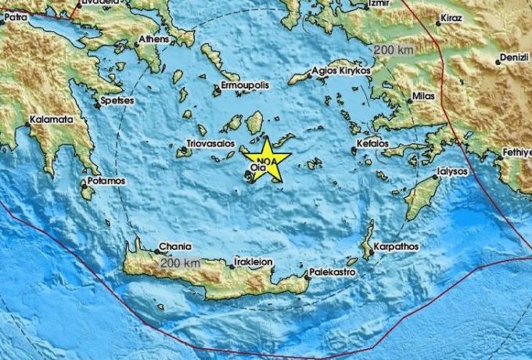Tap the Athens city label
pyautogui.click(x=153, y=38)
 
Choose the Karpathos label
pyautogui.click(x=397, y=247)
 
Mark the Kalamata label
pyautogui.click(x=51, y=120)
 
